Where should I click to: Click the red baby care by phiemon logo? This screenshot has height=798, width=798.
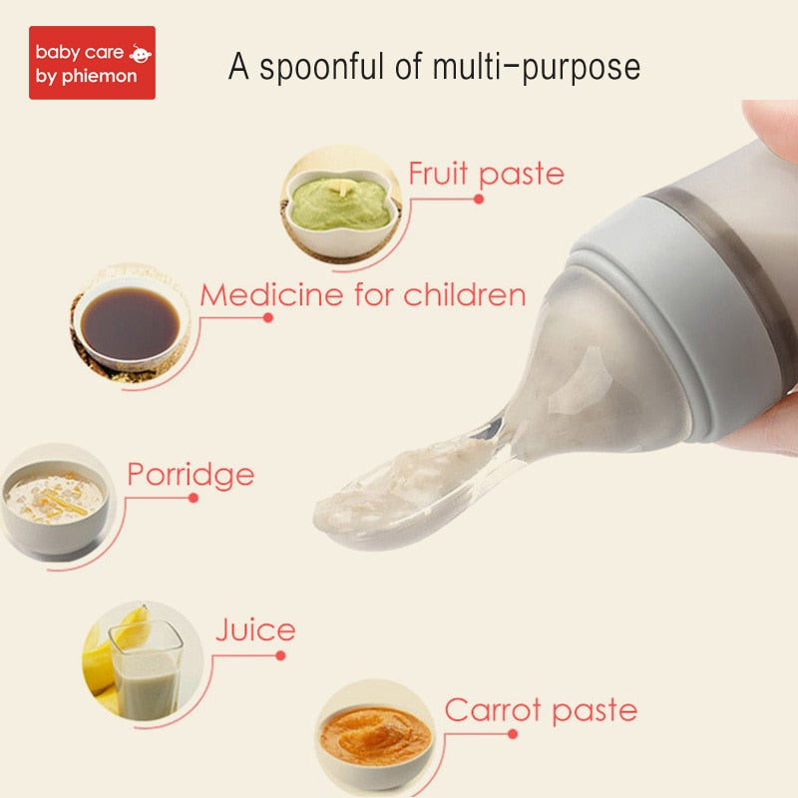[92, 63]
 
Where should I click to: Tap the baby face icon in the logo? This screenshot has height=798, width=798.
[140, 54]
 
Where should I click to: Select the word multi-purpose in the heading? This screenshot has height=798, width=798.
[537, 68]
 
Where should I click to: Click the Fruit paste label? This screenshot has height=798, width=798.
[486, 174]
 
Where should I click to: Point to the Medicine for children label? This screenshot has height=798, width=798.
[363, 294]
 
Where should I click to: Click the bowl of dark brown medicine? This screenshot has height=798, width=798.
[129, 323]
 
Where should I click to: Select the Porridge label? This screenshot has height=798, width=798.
[191, 476]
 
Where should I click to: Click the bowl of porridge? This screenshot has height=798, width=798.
[55, 506]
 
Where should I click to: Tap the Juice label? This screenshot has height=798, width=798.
[255, 629]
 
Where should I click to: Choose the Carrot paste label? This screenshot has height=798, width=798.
[541, 710]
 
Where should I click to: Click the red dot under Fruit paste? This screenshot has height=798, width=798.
[479, 199]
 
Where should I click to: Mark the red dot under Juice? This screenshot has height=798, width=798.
[280, 655]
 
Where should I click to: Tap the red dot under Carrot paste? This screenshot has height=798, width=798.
[513, 734]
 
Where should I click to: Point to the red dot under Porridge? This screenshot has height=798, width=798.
[193, 498]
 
